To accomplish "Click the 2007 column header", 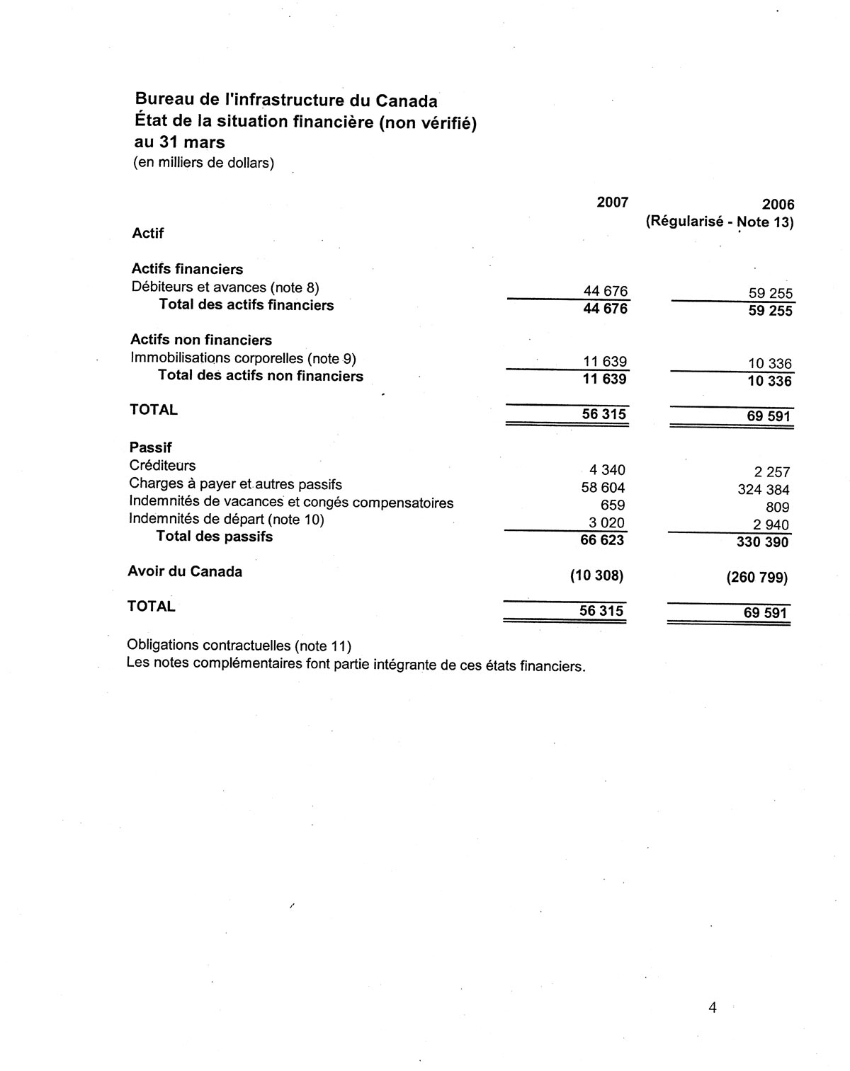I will point(612,202).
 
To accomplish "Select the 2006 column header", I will point(778,205).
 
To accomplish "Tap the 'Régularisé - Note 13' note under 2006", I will point(719,222).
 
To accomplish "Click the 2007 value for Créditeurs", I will point(607,470).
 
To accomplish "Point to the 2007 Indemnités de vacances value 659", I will point(612,505).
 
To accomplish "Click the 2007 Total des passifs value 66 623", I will point(603,541).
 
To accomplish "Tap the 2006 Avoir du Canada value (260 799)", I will point(756,578).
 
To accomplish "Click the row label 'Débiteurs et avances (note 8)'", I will point(225,287).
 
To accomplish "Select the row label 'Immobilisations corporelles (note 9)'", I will point(243,358).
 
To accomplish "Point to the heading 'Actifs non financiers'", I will point(201,340).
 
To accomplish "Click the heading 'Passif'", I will point(150,447).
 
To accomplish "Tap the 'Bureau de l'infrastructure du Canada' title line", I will point(285,100).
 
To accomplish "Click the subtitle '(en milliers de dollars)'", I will point(203,163).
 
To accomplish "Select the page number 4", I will point(712,1007).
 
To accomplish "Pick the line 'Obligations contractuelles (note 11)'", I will point(239,646).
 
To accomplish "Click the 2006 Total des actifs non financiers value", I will point(769,382).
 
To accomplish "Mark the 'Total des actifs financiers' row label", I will point(246,305).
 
